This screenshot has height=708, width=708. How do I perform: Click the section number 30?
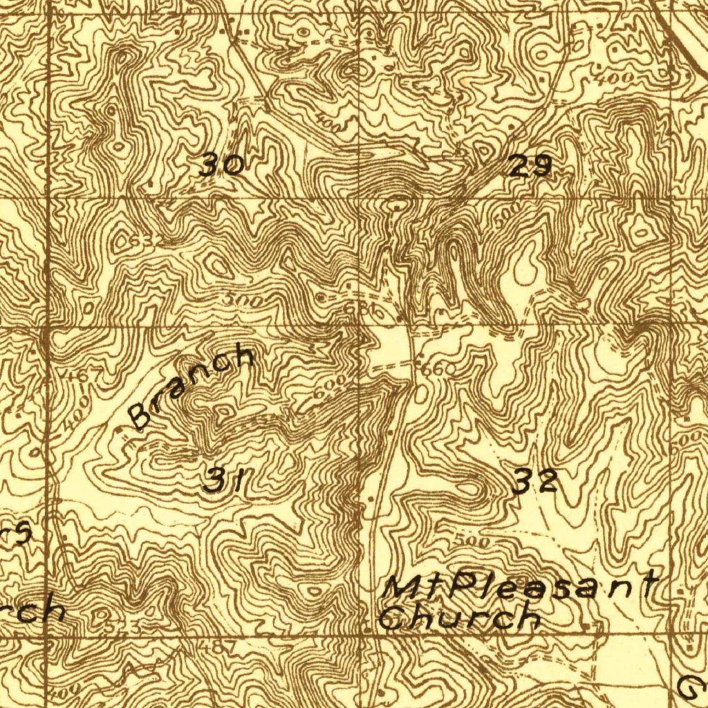[221, 166]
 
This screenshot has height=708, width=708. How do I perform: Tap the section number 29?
[530, 166]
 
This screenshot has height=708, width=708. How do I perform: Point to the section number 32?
[535, 481]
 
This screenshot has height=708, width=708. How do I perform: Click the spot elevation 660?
[438, 370]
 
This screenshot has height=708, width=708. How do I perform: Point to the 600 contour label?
[328, 389]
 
